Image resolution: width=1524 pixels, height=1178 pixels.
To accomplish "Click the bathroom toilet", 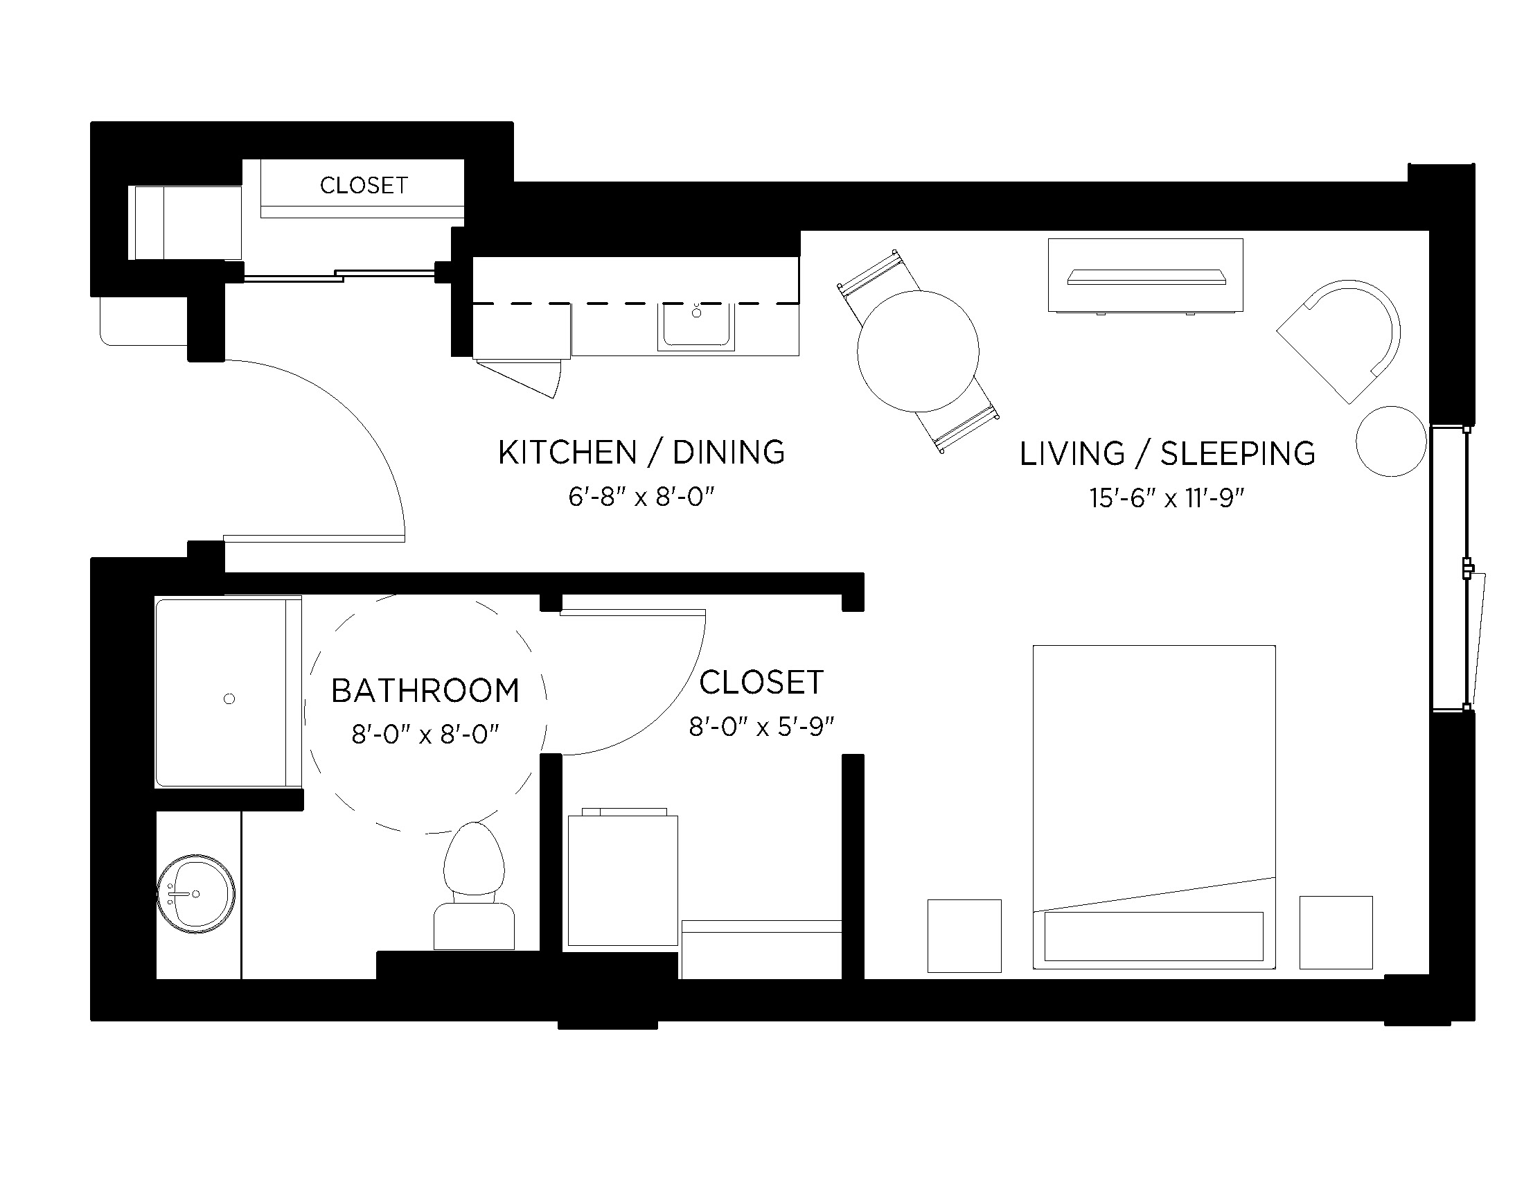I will pyautogui.click(x=474, y=886).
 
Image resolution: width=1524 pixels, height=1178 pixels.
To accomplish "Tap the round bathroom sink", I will pyautogui.click(x=195, y=893).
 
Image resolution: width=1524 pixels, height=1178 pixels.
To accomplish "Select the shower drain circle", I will pyautogui.click(x=229, y=698).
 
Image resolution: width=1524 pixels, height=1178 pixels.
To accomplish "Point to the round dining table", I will pyautogui.click(x=918, y=351).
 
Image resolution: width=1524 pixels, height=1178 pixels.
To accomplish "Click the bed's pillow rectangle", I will pyautogui.click(x=1153, y=936).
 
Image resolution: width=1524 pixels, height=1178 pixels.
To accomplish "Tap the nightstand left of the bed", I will pyautogui.click(x=964, y=935).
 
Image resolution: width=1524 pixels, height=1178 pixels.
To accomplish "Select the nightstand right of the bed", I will pyautogui.click(x=1336, y=932).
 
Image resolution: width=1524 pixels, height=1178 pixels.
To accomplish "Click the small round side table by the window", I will pyautogui.click(x=1391, y=441).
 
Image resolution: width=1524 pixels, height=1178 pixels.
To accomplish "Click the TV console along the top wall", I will pyautogui.click(x=1145, y=276).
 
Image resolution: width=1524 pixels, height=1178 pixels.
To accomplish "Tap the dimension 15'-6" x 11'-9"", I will pyautogui.click(x=1167, y=498).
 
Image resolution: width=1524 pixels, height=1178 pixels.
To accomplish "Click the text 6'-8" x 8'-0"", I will pyautogui.click(x=641, y=497).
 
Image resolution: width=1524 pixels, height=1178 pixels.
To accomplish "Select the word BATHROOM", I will pyautogui.click(x=425, y=691).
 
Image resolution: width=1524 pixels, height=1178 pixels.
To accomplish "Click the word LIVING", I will pyautogui.click(x=1072, y=454).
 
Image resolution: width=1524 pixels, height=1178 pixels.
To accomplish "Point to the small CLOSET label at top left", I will pyautogui.click(x=364, y=185).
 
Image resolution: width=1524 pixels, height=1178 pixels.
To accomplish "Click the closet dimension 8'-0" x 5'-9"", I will pyautogui.click(x=761, y=727).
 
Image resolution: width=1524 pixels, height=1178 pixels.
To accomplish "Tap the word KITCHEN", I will pyautogui.click(x=567, y=452).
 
